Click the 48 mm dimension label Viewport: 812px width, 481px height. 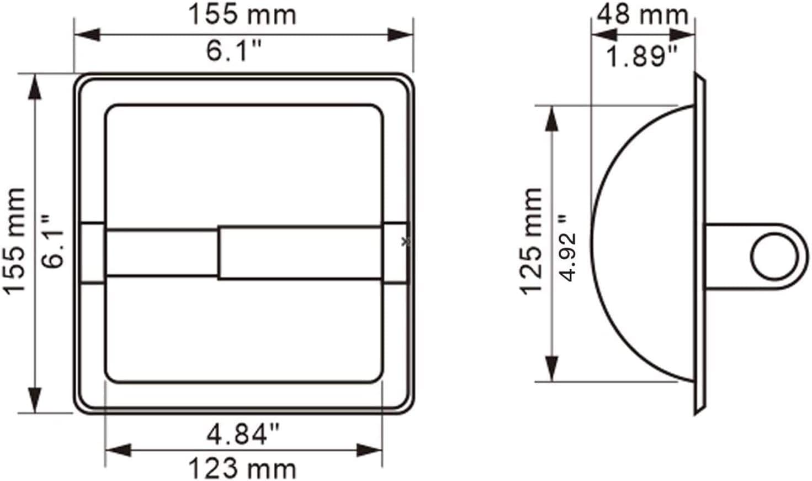coord(643,15)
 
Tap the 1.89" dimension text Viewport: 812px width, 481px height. coord(641,57)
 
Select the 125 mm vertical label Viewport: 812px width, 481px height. coord(530,242)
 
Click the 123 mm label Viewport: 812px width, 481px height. coord(242,469)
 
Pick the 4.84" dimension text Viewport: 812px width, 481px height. coord(243,434)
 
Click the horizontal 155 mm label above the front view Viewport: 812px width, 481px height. coord(242,15)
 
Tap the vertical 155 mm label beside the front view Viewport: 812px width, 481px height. coord(14,242)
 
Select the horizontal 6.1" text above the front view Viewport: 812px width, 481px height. coord(234,50)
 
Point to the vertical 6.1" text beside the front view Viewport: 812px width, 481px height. coord(52,242)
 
